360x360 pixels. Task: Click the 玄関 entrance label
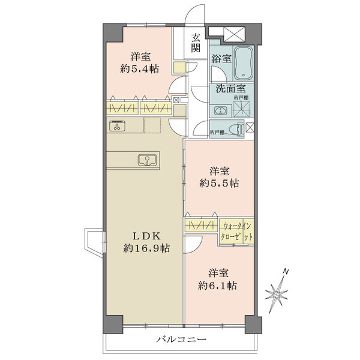click(196, 43)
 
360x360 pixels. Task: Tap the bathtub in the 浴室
click(244, 62)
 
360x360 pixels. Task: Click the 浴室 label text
click(221, 59)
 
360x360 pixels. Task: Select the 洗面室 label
click(231, 88)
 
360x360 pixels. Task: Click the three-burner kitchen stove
click(117, 125)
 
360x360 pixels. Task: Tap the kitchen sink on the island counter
click(148, 160)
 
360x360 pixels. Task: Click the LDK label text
click(146, 236)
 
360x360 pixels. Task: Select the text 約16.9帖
click(146, 248)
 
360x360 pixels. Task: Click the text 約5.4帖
click(140, 68)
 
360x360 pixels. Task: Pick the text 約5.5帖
click(219, 183)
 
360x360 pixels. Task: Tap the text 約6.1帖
click(217, 286)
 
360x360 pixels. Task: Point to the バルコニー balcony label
click(181, 339)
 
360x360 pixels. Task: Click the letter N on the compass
click(286, 272)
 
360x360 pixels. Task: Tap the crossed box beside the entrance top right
click(234, 34)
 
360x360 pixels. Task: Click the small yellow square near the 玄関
click(179, 67)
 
